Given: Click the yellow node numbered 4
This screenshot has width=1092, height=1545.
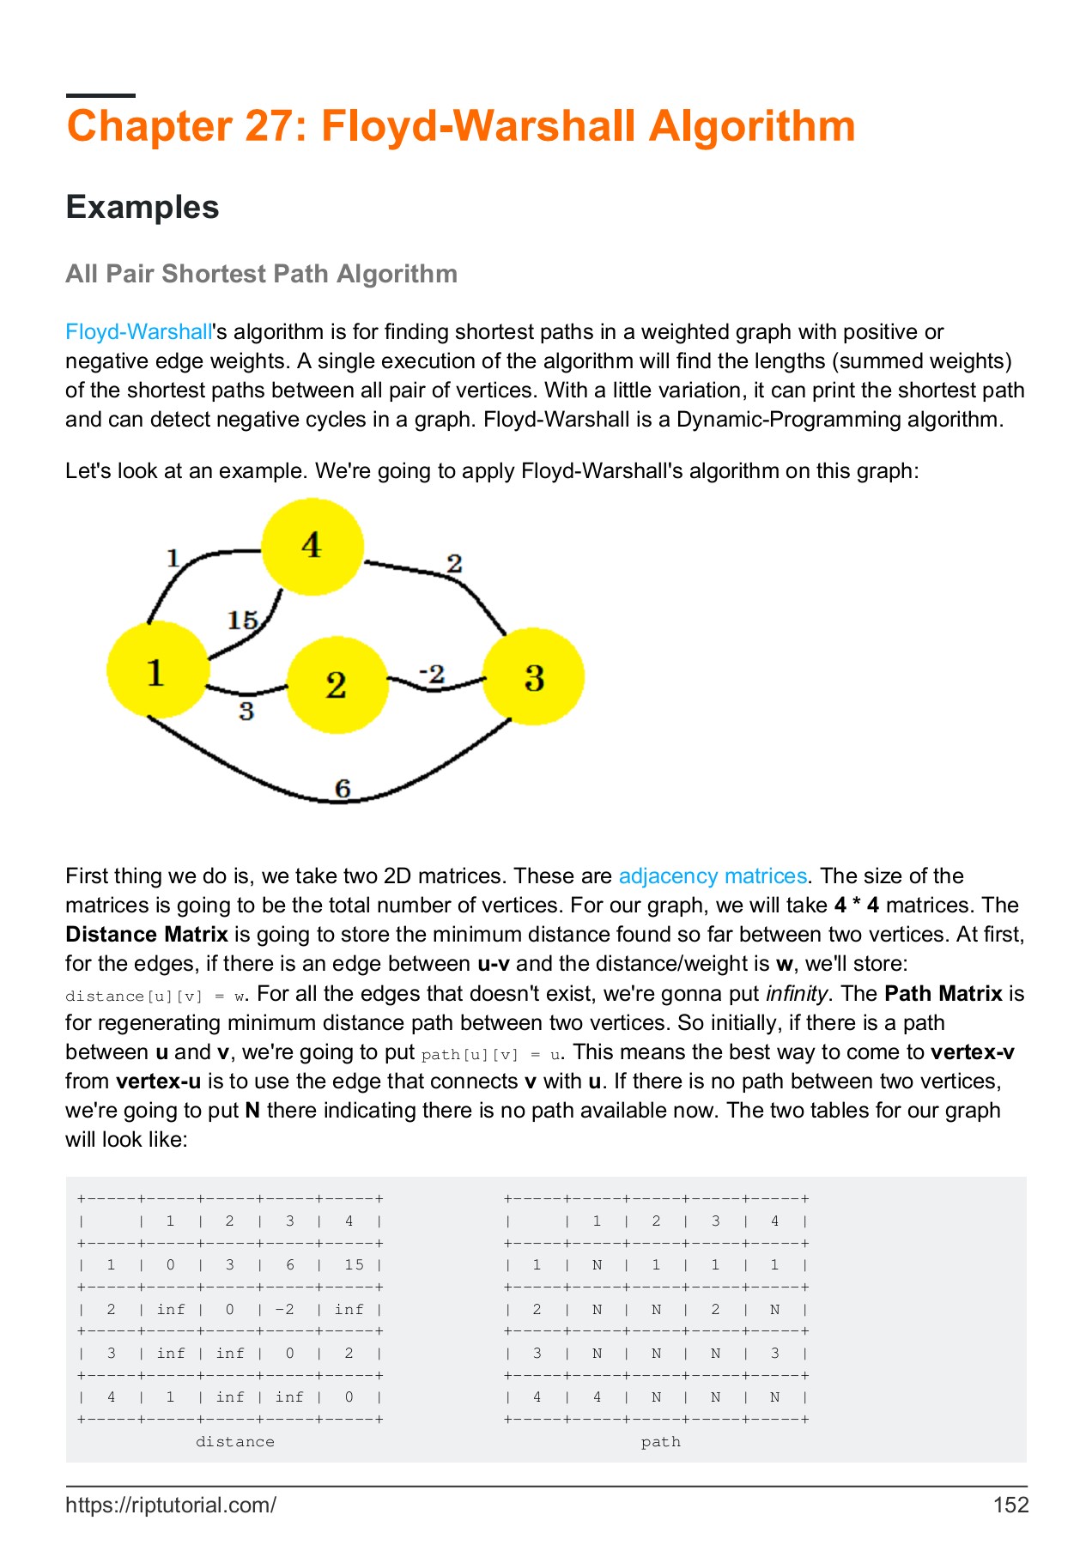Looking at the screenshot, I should tap(312, 547).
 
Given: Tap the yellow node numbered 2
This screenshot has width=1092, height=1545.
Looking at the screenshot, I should tap(337, 684).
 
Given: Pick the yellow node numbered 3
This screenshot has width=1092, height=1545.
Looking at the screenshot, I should tap(533, 677).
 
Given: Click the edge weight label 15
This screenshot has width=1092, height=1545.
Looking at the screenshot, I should tap(243, 620).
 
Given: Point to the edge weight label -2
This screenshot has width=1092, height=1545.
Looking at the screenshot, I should tap(432, 674).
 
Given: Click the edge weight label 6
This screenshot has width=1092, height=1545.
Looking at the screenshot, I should tap(343, 788).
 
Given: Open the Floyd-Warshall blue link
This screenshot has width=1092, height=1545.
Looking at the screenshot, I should tap(138, 332).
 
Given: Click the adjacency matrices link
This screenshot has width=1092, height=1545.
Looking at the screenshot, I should tap(713, 876).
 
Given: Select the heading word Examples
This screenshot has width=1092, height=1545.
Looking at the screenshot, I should tap(143, 208).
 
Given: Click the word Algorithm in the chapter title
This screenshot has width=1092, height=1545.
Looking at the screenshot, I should tap(752, 126).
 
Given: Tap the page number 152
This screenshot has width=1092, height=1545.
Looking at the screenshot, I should tap(1010, 1505).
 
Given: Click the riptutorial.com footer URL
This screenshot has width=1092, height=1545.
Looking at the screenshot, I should tap(171, 1505).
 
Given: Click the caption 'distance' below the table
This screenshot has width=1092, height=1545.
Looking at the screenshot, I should tap(235, 1442).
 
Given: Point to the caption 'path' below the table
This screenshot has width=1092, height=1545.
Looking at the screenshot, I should tap(660, 1442).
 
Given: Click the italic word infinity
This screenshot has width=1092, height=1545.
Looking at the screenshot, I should tap(796, 994).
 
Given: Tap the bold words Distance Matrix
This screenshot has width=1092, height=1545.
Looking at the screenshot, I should tap(147, 935).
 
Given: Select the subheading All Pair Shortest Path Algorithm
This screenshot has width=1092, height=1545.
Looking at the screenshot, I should tap(261, 274).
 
